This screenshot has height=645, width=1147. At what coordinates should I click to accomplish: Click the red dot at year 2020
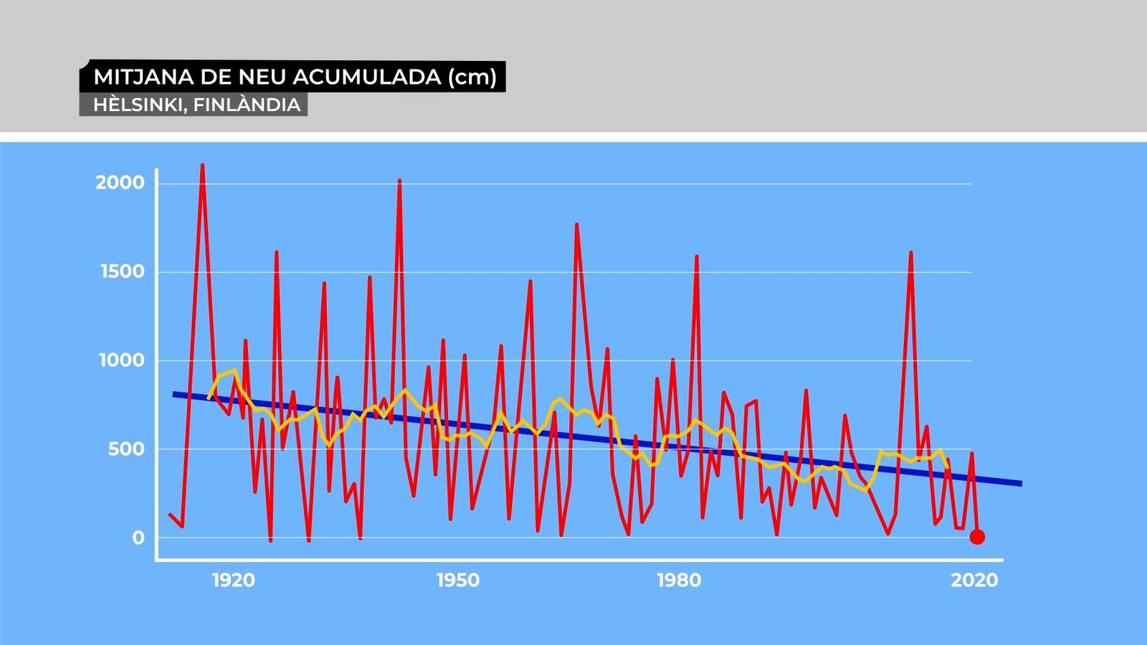click(976, 537)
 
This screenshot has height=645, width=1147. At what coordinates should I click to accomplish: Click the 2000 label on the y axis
click(120, 183)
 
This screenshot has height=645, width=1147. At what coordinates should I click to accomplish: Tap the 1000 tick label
click(121, 360)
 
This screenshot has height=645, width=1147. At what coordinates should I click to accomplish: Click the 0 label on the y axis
click(138, 538)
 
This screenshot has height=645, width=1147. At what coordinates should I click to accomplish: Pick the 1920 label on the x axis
click(234, 580)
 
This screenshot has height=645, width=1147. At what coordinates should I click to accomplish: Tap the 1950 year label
click(458, 580)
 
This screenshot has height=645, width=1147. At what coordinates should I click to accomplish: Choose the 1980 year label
click(679, 580)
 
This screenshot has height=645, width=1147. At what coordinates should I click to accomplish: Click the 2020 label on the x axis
click(974, 580)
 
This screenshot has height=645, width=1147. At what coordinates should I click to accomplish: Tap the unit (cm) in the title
click(472, 77)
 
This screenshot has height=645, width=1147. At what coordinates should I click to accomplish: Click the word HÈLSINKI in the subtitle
click(140, 105)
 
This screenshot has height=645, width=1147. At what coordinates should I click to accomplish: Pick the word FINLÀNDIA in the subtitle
click(247, 105)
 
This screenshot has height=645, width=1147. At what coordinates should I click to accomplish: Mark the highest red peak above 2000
click(202, 166)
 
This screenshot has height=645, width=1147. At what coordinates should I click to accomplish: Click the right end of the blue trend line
click(1020, 484)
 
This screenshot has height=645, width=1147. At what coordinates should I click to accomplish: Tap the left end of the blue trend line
click(174, 393)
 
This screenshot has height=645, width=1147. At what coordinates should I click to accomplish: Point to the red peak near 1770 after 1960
click(576, 225)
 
